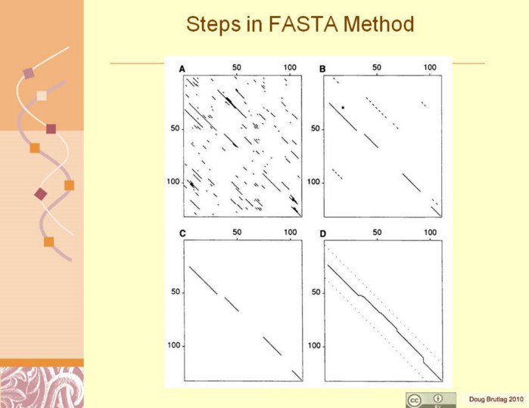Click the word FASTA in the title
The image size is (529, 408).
tap(303, 24)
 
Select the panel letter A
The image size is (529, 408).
tap(182, 69)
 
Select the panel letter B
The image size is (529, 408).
tap(322, 69)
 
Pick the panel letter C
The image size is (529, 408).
tap(182, 233)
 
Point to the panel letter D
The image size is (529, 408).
tap(323, 233)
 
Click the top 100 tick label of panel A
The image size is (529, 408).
tap(290, 67)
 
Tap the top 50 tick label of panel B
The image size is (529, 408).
tap(377, 67)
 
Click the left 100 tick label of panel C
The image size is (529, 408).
tap(174, 346)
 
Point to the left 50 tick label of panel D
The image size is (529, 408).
tap(316, 292)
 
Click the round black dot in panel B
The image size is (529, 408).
tap(343, 107)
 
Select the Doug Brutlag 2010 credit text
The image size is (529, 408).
tap(496, 399)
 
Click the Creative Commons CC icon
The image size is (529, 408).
tap(414, 400)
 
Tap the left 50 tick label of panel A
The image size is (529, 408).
tap(175, 128)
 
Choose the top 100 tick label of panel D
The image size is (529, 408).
tap(430, 233)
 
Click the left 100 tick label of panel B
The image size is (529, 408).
tap(314, 182)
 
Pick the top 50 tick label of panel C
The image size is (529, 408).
tap(237, 232)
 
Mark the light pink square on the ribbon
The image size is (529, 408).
tap(42, 95)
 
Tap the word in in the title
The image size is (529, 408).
tap(254, 24)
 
